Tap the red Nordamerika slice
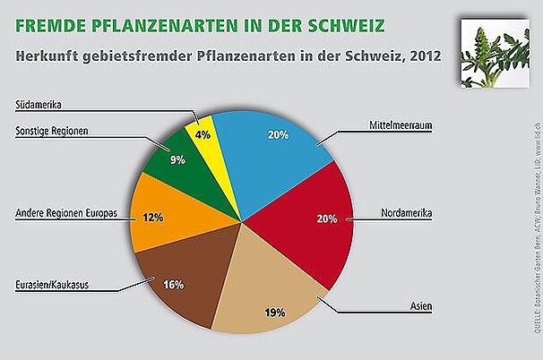coord(305,224)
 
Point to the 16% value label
coord(174,285)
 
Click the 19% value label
coord(275,313)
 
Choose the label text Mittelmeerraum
coord(401,125)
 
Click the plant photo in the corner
coord(494,54)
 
